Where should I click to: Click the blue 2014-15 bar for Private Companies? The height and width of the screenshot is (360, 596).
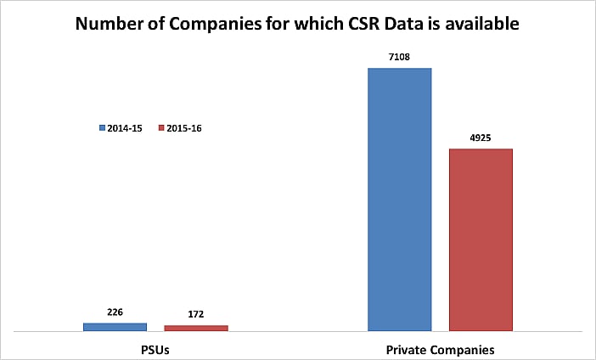(399, 199)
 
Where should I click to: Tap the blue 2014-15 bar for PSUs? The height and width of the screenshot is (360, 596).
(115, 326)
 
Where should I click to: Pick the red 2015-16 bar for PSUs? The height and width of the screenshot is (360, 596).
(196, 328)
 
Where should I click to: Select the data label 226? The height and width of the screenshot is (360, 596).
(115, 312)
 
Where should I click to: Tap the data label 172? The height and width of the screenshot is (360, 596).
(196, 314)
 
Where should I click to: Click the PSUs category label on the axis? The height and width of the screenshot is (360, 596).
(156, 349)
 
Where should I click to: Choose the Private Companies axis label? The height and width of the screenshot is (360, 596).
(440, 349)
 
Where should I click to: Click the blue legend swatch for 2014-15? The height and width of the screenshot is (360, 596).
(102, 128)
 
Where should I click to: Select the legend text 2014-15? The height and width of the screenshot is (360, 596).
(124, 128)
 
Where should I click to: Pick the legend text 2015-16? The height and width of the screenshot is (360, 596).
(184, 128)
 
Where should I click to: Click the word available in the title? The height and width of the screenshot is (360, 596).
(482, 24)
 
